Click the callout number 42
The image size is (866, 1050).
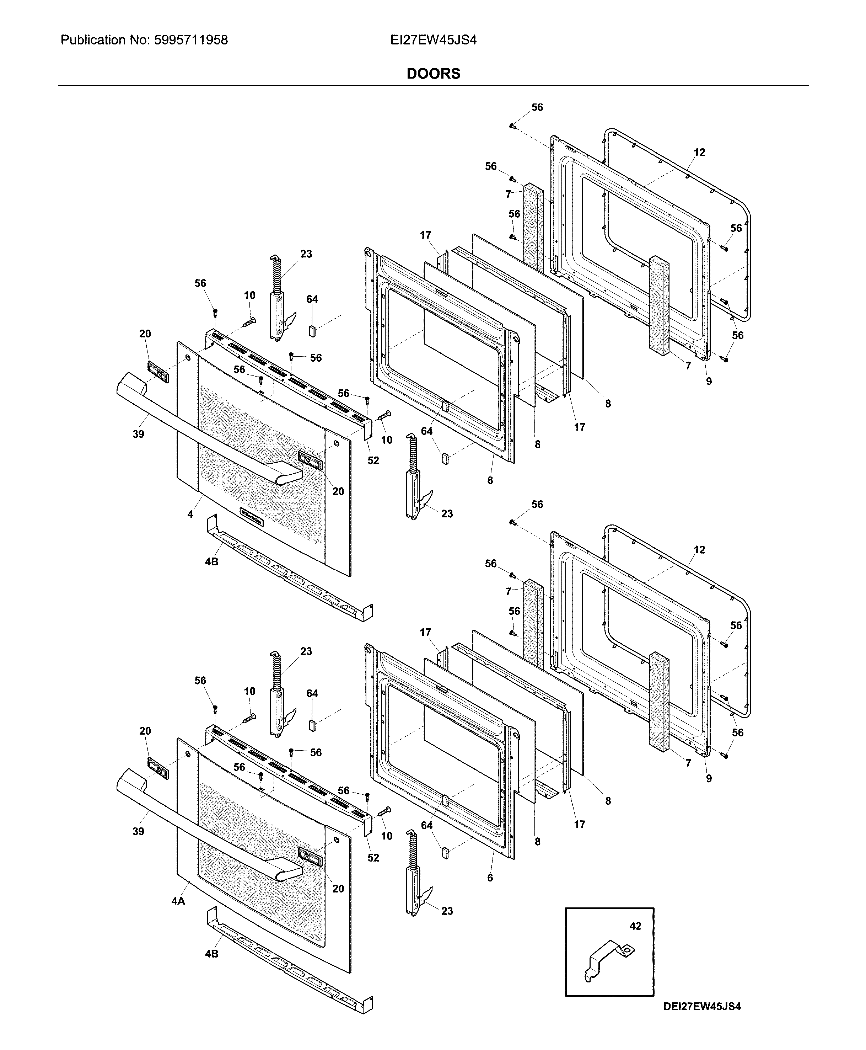[x=635, y=926]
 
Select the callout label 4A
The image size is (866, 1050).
[x=178, y=901]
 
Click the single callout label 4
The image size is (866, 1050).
[x=190, y=514]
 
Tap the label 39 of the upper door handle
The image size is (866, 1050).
[x=138, y=434]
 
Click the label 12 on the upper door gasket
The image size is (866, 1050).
[x=699, y=152]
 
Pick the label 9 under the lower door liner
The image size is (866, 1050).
[x=709, y=778]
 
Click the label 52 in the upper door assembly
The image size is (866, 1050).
[x=373, y=460]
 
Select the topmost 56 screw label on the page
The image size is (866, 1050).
[x=537, y=107]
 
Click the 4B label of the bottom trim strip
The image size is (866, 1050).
[x=211, y=954]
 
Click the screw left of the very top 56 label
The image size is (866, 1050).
[x=512, y=126]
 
